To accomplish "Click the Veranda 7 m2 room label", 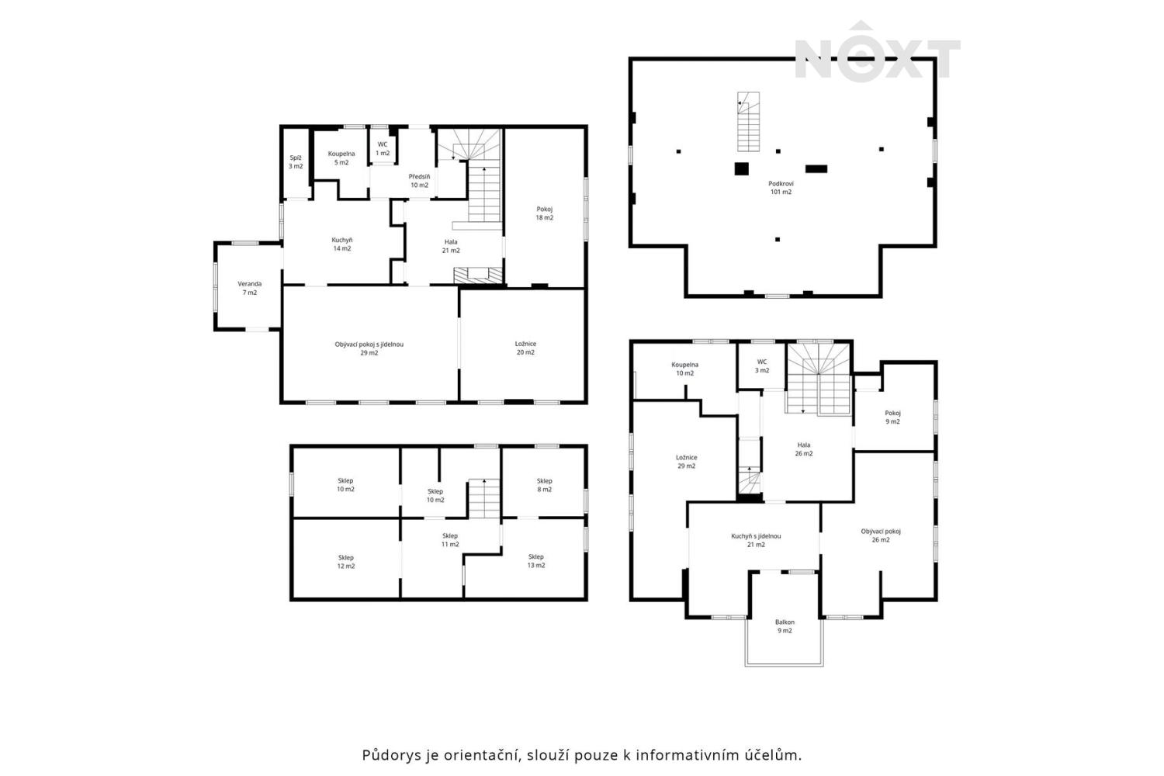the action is point(249,288).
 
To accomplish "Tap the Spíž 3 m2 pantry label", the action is point(296,161).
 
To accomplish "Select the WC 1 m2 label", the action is point(383,149).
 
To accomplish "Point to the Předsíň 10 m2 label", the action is point(419,181).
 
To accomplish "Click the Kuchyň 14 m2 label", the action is point(342,244).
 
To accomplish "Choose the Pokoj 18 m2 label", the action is point(545,213).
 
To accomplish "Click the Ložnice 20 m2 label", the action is point(525,348).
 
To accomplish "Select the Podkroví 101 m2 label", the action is point(781,187).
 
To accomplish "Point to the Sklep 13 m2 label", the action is point(535,561).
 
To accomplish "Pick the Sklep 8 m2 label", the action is point(544,485).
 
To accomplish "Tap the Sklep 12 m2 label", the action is point(345,562).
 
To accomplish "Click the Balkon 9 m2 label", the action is point(785,626).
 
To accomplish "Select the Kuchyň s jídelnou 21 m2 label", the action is point(756,540).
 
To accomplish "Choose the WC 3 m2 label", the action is point(762,366).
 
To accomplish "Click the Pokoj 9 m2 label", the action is point(892,417).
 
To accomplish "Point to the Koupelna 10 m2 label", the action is point(685,369).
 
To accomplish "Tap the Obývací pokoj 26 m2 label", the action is point(881,535).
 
